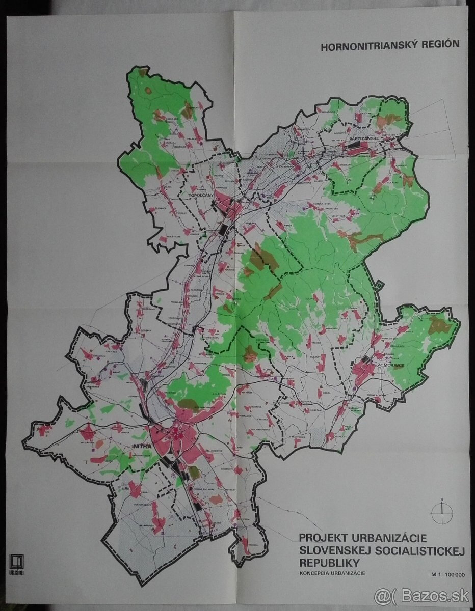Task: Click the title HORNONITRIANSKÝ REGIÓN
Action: [x=389, y=45]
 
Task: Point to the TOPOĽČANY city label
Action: [x=200, y=196]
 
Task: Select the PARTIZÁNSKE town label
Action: [x=363, y=138]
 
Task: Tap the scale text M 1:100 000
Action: [x=447, y=575]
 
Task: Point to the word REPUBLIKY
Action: [x=329, y=563]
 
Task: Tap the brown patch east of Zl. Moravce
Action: [x=438, y=324]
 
